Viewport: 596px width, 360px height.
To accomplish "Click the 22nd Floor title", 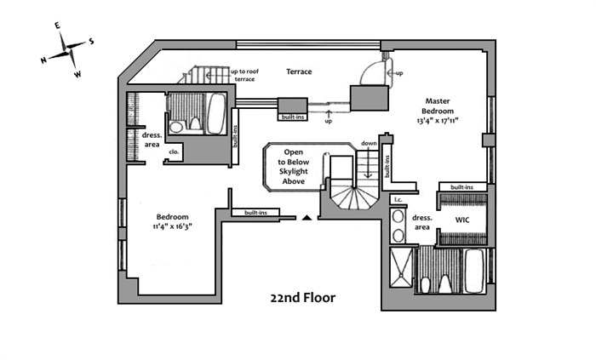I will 303,299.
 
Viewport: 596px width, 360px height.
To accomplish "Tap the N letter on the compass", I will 43,60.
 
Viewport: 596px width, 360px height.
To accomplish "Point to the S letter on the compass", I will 92,41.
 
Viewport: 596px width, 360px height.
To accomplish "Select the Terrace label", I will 299,72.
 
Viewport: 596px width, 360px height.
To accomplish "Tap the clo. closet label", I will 175,152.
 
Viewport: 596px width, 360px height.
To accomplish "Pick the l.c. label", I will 397,200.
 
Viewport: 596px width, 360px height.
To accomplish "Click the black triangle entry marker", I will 306,218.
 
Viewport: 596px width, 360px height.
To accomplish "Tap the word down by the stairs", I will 369,143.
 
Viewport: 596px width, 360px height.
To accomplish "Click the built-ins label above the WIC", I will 462,186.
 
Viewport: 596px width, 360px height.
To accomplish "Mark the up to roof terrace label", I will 244,75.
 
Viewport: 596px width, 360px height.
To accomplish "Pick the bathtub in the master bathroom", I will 474,270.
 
